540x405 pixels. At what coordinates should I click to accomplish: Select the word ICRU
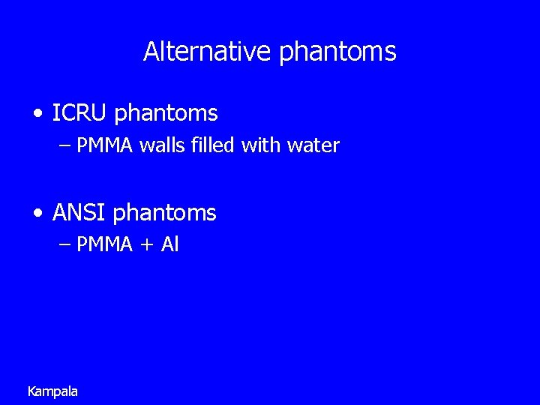tap(80, 113)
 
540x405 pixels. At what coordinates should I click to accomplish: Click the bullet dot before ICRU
tap(38, 114)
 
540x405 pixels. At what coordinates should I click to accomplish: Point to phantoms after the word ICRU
tap(166, 114)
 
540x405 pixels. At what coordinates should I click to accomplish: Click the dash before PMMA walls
tap(64, 145)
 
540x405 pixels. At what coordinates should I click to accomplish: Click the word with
tap(258, 145)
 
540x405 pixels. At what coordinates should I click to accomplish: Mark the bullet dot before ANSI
tap(38, 213)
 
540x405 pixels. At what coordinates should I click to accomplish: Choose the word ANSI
tap(79, 213)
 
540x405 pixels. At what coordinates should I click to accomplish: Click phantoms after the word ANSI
tap(164, 214)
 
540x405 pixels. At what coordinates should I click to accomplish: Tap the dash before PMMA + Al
tap(64, 244)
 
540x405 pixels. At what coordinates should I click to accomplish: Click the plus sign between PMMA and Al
tap(146, 245)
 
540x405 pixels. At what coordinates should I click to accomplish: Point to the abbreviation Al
tap(169, 244)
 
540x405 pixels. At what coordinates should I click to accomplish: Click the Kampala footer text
tap(52, 391)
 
